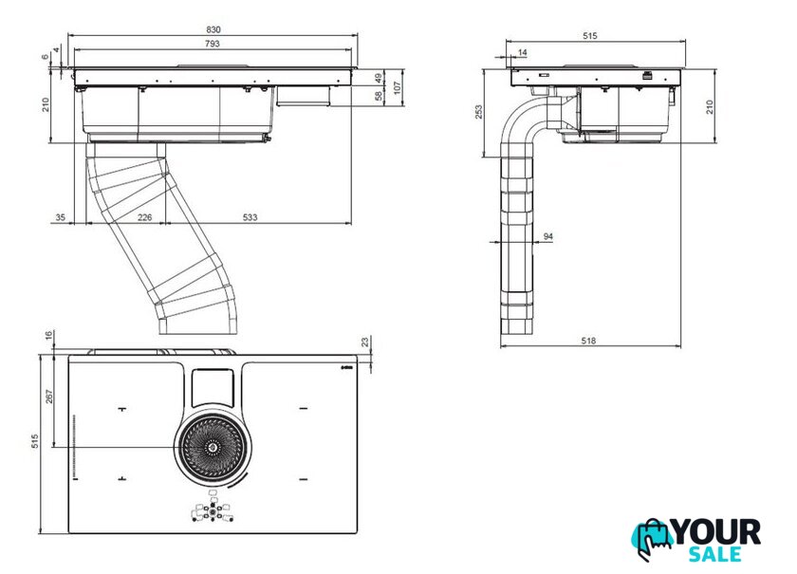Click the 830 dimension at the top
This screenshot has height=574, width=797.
(x=213, y=29)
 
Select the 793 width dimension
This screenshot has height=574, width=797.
(x=213, y=44)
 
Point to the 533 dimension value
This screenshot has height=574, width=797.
(x=249, y=218)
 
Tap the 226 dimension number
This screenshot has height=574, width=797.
(x=145, y=218)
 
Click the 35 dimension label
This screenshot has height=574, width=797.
(x=61, y=218)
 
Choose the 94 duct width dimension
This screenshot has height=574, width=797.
(x=548, y=235)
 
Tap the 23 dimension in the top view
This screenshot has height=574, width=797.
(x=366, y=342)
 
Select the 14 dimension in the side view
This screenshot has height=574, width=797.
(x=523, y=53)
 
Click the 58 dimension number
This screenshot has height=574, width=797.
(x=379, y=96)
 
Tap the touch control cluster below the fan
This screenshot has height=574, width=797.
(x=213, y=512)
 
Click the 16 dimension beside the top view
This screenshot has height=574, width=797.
(x=49, y=336)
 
